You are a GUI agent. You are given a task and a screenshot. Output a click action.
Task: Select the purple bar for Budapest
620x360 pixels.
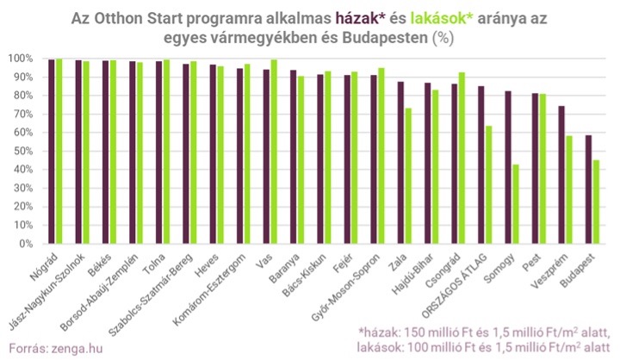tap(588, 189)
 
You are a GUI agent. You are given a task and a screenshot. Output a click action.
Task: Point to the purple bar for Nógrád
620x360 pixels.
tap(53, 152)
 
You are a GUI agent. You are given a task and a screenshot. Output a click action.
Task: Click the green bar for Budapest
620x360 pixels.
tap(595, 202)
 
